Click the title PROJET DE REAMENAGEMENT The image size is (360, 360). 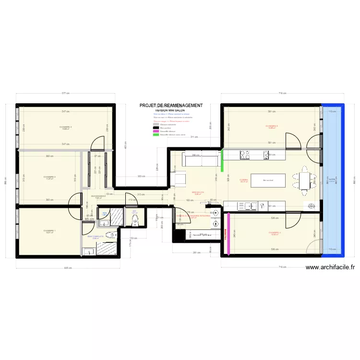[171, 106]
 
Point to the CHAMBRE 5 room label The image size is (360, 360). [66, 128]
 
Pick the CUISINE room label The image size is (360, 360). [243, 180]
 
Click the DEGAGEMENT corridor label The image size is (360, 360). [98, 196]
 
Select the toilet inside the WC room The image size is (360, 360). [135, 219]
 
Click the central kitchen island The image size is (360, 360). [267, 180]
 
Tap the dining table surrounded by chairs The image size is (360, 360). [304, 180]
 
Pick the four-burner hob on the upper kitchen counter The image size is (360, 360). [244, 155]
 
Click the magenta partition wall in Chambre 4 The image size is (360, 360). [228, 233]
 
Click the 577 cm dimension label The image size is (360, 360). [65, 94]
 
